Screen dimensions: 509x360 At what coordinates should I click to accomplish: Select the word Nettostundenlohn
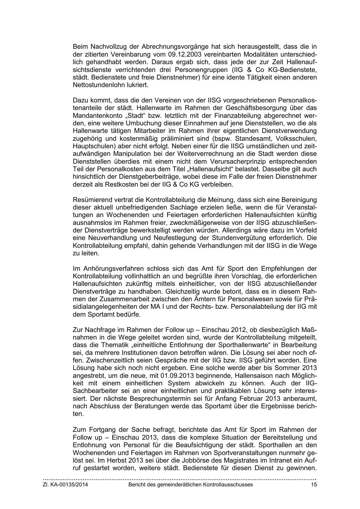point(97,85)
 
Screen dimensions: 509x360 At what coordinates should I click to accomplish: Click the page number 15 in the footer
point(314,485)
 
